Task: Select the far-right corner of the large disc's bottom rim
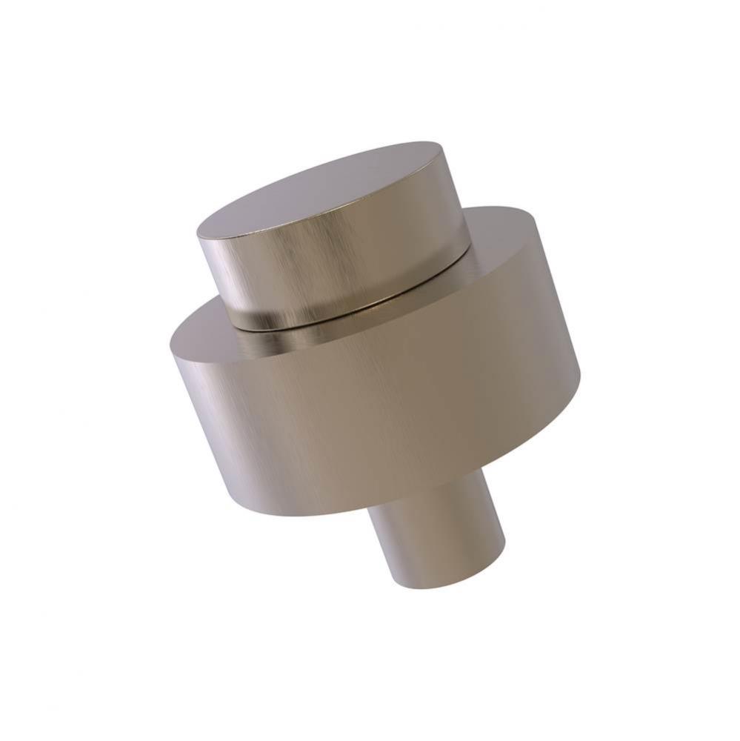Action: coord(580,378)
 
